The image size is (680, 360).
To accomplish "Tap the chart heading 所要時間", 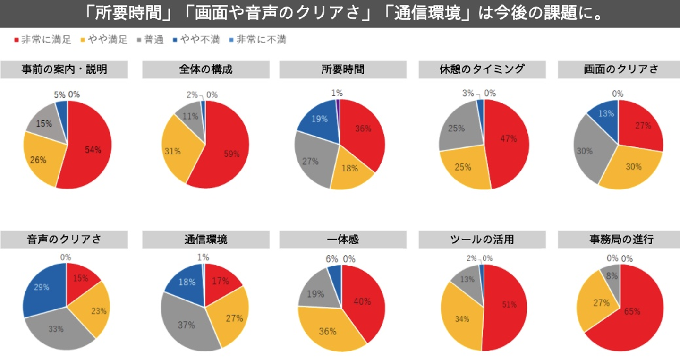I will (x=342, y=69).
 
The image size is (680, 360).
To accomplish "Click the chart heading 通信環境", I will (x=205, y=240).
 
